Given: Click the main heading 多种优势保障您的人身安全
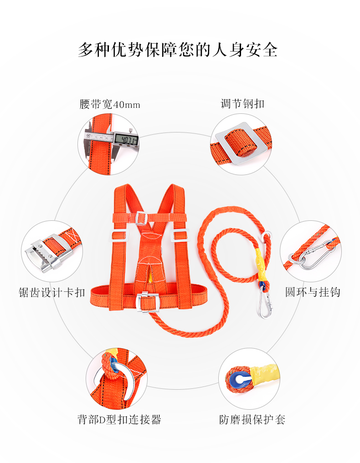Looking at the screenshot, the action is (x=178, y=50).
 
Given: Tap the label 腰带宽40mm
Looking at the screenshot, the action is (x=110, y=104).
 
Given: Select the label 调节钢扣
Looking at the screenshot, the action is (x=242, y=104).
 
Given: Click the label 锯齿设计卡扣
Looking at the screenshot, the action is (x=52, y=292).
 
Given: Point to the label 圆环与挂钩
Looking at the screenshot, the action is (x=313, y=292).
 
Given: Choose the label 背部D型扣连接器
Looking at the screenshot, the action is (x=119, y=419).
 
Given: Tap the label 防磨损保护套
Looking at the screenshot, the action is (x=252, y=419).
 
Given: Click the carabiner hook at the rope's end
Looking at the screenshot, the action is (x=265, y=304).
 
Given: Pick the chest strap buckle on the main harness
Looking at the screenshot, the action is (x=142, y=218).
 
